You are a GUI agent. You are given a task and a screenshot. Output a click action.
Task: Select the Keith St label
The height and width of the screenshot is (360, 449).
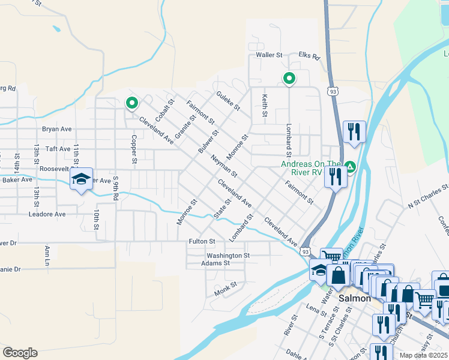(264, 105)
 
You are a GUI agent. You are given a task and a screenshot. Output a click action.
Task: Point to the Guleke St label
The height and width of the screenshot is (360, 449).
(228, 100)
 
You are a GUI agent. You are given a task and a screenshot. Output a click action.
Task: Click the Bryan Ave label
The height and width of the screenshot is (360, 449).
(57, 129)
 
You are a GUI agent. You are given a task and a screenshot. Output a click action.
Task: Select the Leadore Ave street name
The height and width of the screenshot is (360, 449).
(47, 214)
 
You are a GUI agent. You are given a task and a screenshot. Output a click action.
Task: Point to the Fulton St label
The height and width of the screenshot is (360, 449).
(203, 241)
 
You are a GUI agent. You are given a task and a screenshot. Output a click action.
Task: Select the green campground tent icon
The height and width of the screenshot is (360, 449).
(350, 167)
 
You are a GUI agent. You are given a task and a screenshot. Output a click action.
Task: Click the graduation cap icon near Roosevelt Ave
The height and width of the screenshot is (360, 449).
(81, 179)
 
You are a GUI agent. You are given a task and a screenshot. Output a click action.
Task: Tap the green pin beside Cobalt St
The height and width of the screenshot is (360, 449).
(131, 103)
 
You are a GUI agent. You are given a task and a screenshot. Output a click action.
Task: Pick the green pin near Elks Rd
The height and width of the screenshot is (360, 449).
(289, 78)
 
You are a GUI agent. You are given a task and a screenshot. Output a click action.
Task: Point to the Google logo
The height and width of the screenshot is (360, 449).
(20, 353)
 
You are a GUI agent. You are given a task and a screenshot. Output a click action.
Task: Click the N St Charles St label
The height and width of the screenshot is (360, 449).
(428, 195)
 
